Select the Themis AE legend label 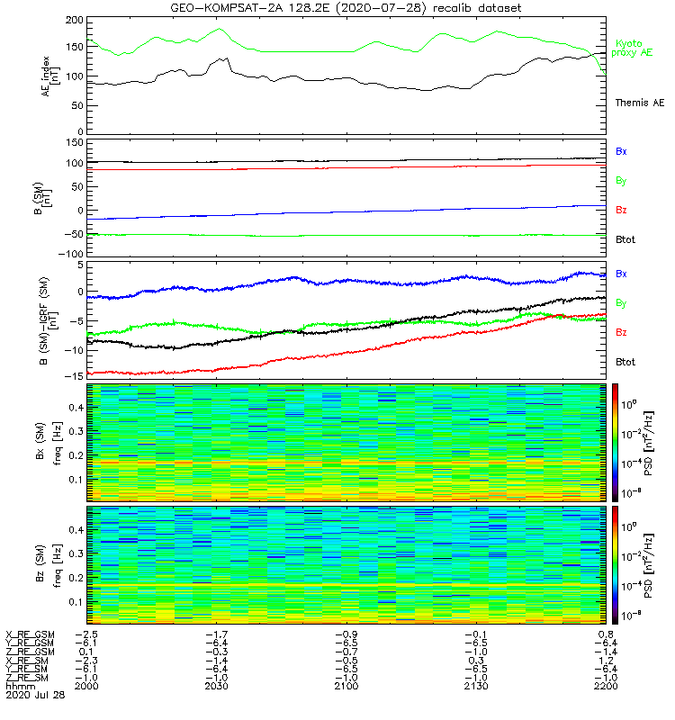639,103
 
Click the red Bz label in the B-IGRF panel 621,333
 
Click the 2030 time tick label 217,687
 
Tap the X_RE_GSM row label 30,634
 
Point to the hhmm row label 18,687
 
